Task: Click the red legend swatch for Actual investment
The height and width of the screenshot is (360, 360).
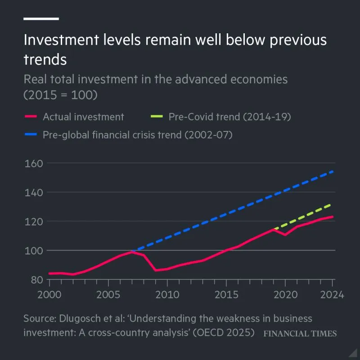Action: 30,117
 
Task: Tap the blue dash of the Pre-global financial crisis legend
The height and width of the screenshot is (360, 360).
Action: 30,135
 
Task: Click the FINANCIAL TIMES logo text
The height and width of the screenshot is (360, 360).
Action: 300,333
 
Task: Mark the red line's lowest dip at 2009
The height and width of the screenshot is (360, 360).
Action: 155,270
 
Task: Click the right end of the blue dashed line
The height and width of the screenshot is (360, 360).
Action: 333,171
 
